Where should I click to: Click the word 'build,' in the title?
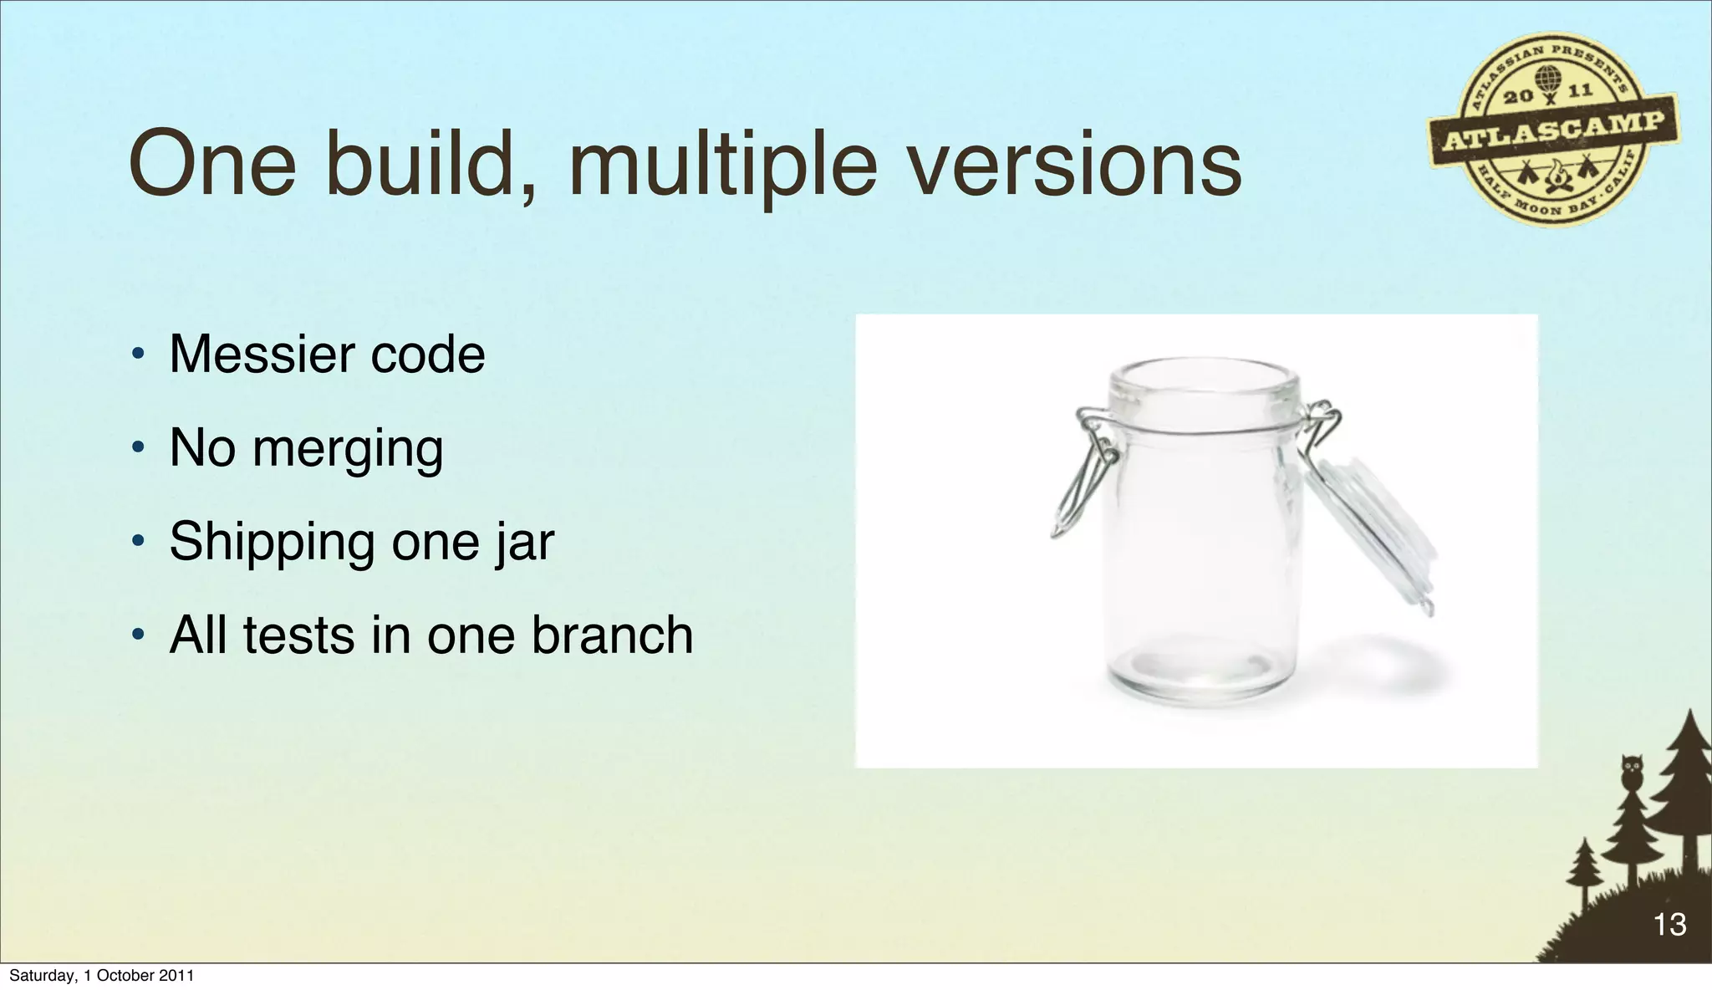click(431, 165)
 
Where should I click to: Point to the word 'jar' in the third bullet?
click(524, 542)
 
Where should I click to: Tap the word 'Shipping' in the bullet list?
click(273, 542)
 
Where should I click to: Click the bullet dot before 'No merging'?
click(137, 449)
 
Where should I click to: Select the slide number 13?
click(1669, 924)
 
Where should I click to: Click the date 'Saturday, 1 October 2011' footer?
click(101, 976)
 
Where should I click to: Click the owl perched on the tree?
click(1631, 770)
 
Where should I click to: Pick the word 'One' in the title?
click(213, 165)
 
